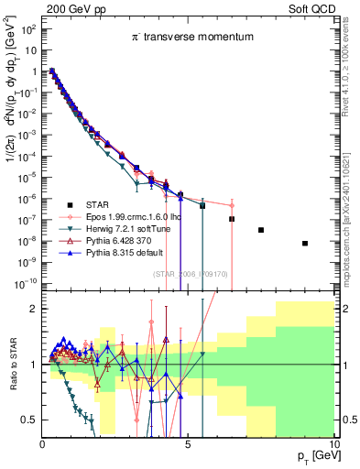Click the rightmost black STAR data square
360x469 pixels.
pyautogui.click(x=305, y=243)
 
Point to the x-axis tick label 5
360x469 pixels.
pyautogui.click(x=188, y=444)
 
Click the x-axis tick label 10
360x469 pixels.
pyautogui.click(x=333, y=444)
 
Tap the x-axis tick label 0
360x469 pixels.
pyautogui.click(x=42, y=444)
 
